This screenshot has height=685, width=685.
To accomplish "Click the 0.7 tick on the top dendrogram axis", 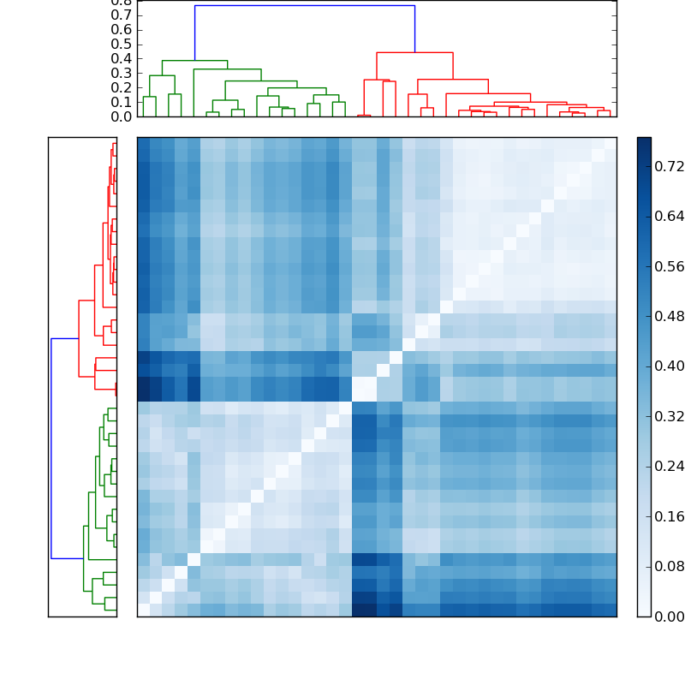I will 121,15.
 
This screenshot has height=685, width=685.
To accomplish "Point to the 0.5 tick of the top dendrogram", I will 121,45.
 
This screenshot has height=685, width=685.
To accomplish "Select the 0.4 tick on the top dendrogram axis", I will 121,59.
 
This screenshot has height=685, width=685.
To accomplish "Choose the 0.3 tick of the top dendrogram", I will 121,74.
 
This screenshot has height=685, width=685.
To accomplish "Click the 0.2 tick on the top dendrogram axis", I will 121,87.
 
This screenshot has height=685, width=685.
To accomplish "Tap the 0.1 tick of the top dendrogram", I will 121,102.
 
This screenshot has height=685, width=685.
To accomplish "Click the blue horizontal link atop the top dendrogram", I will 304,6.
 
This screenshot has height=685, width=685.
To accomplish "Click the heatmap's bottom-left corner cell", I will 143,610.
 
